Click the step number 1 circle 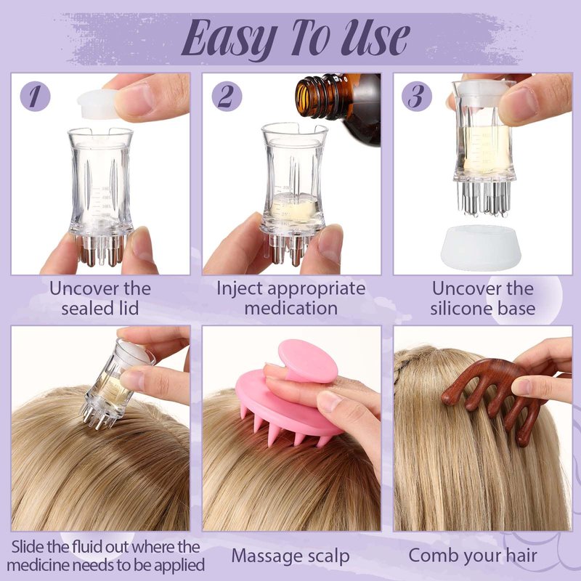35,97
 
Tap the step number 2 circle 227,97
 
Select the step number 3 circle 417,97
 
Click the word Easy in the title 230,39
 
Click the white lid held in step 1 98,104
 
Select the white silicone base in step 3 482,247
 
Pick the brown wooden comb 497,397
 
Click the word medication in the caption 291,308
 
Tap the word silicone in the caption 462,308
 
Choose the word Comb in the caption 430,556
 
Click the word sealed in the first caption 86,308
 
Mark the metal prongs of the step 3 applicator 484,198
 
